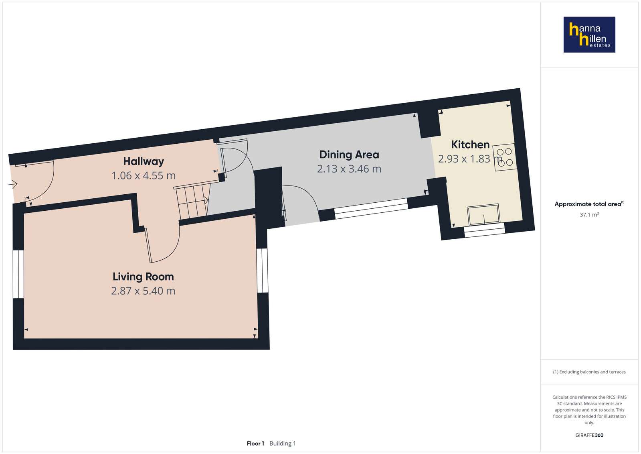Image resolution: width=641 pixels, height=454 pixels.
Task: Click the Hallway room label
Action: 144,162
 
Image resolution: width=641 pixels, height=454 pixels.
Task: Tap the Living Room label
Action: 143,277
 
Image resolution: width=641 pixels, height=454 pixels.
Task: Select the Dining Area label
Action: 349,155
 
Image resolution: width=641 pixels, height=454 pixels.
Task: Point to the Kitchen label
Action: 470,145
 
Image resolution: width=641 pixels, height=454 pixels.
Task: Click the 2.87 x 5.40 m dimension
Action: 143,291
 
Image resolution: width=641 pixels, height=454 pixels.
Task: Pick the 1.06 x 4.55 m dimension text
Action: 144,176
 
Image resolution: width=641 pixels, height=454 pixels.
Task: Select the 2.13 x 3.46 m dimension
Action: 349,169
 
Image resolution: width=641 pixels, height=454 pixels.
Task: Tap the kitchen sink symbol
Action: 483,214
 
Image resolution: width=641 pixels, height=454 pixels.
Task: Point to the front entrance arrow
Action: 12,184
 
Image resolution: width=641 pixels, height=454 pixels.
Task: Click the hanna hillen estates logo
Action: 589,35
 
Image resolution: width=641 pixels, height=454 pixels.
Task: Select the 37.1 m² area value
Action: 589,215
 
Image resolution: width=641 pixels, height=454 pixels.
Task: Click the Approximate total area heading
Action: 589,204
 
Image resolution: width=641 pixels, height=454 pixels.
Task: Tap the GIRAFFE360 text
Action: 589,435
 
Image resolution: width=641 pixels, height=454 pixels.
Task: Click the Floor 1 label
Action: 255,444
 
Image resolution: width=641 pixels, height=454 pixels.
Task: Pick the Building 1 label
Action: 283,444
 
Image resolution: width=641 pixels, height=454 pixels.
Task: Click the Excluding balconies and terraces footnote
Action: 589,372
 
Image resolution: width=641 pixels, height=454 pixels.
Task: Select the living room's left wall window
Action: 18,274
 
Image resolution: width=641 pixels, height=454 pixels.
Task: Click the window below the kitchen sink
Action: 485,230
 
